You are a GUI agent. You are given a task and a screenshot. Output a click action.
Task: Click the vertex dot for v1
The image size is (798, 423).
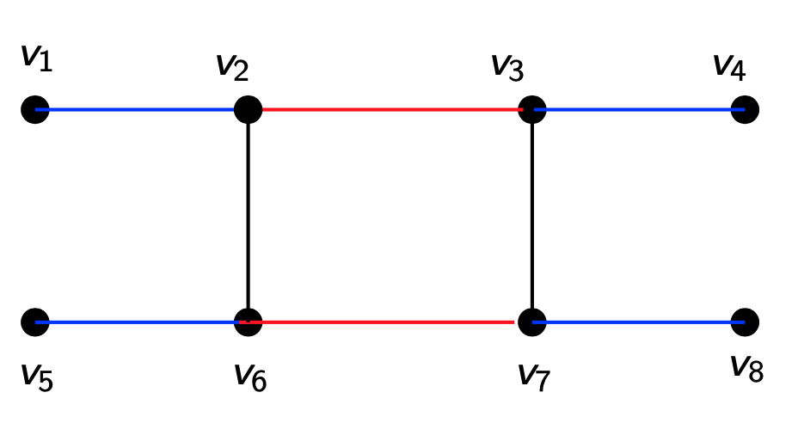[x=35, y=110]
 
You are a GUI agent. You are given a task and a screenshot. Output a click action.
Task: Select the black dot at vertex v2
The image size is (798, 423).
[x=248, y=109]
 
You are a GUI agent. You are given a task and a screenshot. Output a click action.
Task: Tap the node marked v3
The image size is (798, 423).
[x=532, y=109]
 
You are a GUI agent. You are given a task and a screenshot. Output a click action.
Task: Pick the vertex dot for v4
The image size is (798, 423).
[x=745, y=109]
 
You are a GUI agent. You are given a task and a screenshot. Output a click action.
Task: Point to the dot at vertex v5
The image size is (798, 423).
[x=35, y=322]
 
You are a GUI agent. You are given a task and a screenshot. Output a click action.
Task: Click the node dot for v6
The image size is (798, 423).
[x=248, y=322]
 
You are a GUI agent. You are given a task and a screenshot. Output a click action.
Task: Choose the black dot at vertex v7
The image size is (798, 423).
[x=532, y=322]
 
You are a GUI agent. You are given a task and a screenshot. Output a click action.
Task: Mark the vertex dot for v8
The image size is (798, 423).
[x=745, y=322]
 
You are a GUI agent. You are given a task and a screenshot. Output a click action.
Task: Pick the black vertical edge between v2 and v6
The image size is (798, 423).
[x=248, y=215]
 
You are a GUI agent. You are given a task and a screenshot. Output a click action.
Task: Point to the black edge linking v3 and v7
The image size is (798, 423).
[x=532, y=215]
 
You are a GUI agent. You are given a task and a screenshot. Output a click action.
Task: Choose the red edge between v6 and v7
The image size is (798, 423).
[x=387, y=322]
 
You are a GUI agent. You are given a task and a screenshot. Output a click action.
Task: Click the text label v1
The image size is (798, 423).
[x=35, y=58]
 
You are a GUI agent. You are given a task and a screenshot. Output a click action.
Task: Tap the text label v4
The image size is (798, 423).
[x=728, y=66]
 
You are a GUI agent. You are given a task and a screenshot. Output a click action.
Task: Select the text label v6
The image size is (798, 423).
[x=250, y=376]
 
